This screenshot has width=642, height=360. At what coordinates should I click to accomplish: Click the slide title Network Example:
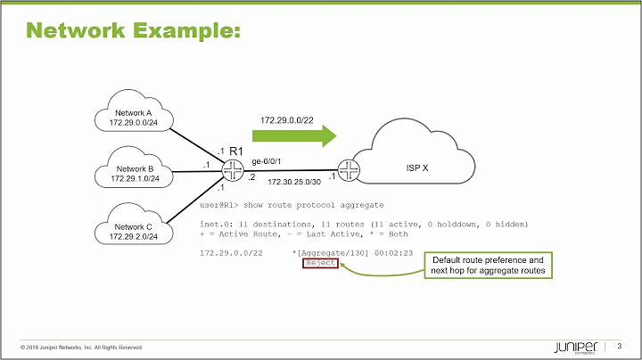click(x=133, y=31)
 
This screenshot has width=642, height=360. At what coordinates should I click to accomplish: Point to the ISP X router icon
click(x=349, y=168)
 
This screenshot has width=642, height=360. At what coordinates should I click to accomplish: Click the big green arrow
click(x=293, y=135)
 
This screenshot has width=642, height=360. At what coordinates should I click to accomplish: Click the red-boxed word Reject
click(x=319, y=264)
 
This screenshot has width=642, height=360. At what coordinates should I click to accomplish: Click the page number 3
click(x=619, y=346)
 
